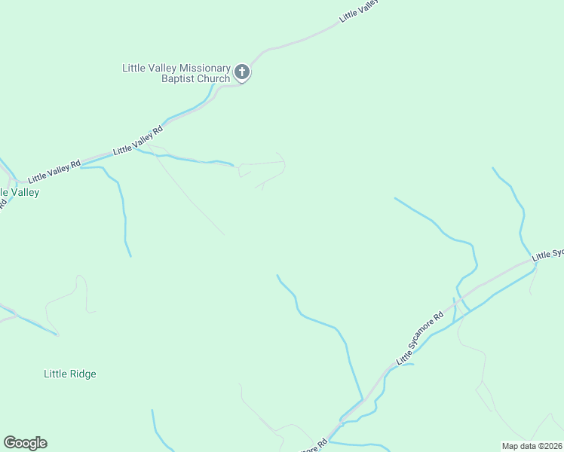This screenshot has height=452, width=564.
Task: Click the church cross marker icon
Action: click(x=241, y=72)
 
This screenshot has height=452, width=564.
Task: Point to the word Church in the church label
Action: click(x=213, y=79)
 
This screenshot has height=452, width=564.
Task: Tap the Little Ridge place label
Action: click(x=70, y=374)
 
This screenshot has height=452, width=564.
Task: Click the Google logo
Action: click(x=25, y=443)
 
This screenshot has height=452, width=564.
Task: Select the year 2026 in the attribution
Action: click(x=553, y=446)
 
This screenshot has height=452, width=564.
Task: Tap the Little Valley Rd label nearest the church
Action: click(x=138, y=141)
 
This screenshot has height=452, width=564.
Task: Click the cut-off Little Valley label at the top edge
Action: click(x=357, y=11)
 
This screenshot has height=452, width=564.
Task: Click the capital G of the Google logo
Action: click(x=10, y=443)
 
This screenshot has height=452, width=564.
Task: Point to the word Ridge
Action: click(x=83, y=374)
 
